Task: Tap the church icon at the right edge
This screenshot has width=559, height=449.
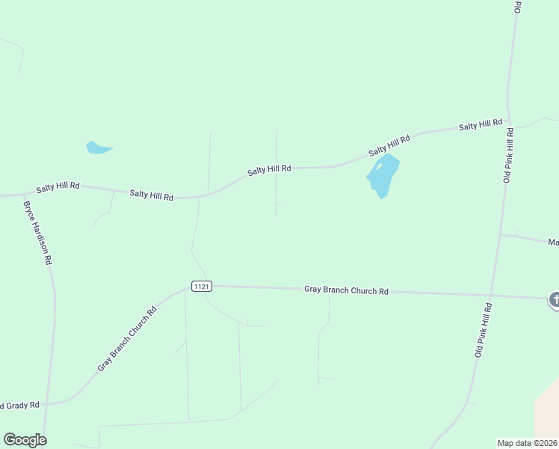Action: click(554, 300)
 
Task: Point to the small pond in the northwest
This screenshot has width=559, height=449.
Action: click(97, 147)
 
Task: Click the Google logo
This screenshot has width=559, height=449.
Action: click(25, 440)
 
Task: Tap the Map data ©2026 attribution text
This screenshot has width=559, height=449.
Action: click(527, 442)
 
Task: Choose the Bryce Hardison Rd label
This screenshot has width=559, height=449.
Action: click(37, 233)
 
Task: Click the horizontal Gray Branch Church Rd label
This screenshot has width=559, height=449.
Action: click(346, 290)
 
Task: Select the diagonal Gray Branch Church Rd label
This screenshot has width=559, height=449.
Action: click(127, 339)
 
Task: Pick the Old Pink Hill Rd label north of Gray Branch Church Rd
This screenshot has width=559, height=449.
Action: click(508, 155)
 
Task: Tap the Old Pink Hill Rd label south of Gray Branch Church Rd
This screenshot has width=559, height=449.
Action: click(484, 329)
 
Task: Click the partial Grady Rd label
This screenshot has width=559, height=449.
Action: click(19, 406)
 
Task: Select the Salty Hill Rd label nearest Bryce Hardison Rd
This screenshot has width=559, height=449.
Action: click(58, 186)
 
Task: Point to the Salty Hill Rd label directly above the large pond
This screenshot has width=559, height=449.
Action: click(389, 146)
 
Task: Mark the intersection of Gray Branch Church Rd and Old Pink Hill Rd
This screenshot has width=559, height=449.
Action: click(491, 294)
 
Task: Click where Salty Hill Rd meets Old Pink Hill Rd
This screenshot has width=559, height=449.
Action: click(510, 120)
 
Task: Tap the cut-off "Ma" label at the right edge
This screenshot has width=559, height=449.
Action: click(553, 242)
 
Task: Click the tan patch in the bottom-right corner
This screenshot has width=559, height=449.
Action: click(547, 415)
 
